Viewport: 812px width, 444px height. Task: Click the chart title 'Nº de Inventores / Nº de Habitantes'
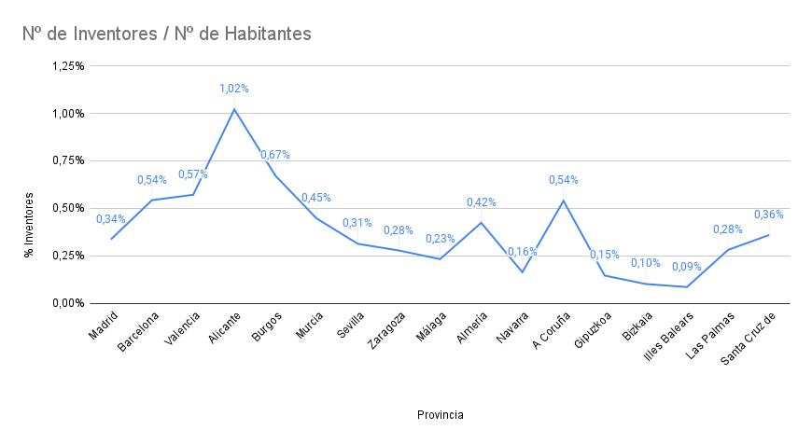(x=167, y=34)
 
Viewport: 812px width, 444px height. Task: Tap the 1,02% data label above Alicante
(x=234, y=89)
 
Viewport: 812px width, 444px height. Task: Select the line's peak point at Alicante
(x=234, y=109)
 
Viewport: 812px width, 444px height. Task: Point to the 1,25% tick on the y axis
(x=68, y=66)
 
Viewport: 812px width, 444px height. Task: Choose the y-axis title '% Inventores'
(x=30, y=225)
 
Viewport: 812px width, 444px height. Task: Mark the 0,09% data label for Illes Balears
(x=687, y=266)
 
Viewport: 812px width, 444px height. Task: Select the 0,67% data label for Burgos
(x=275, y=155)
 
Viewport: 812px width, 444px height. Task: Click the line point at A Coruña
(x=564, y=201)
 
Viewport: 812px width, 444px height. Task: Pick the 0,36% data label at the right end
(x=769, y=215)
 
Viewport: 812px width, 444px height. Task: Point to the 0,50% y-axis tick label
(x=68, y=208)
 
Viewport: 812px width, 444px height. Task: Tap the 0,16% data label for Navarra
(x=523, y=252)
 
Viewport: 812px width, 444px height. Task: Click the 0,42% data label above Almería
(x=482, y=202)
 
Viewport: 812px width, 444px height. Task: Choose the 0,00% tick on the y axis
(x=68, y=303)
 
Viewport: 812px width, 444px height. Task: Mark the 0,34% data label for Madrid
(x=111, y=219)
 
